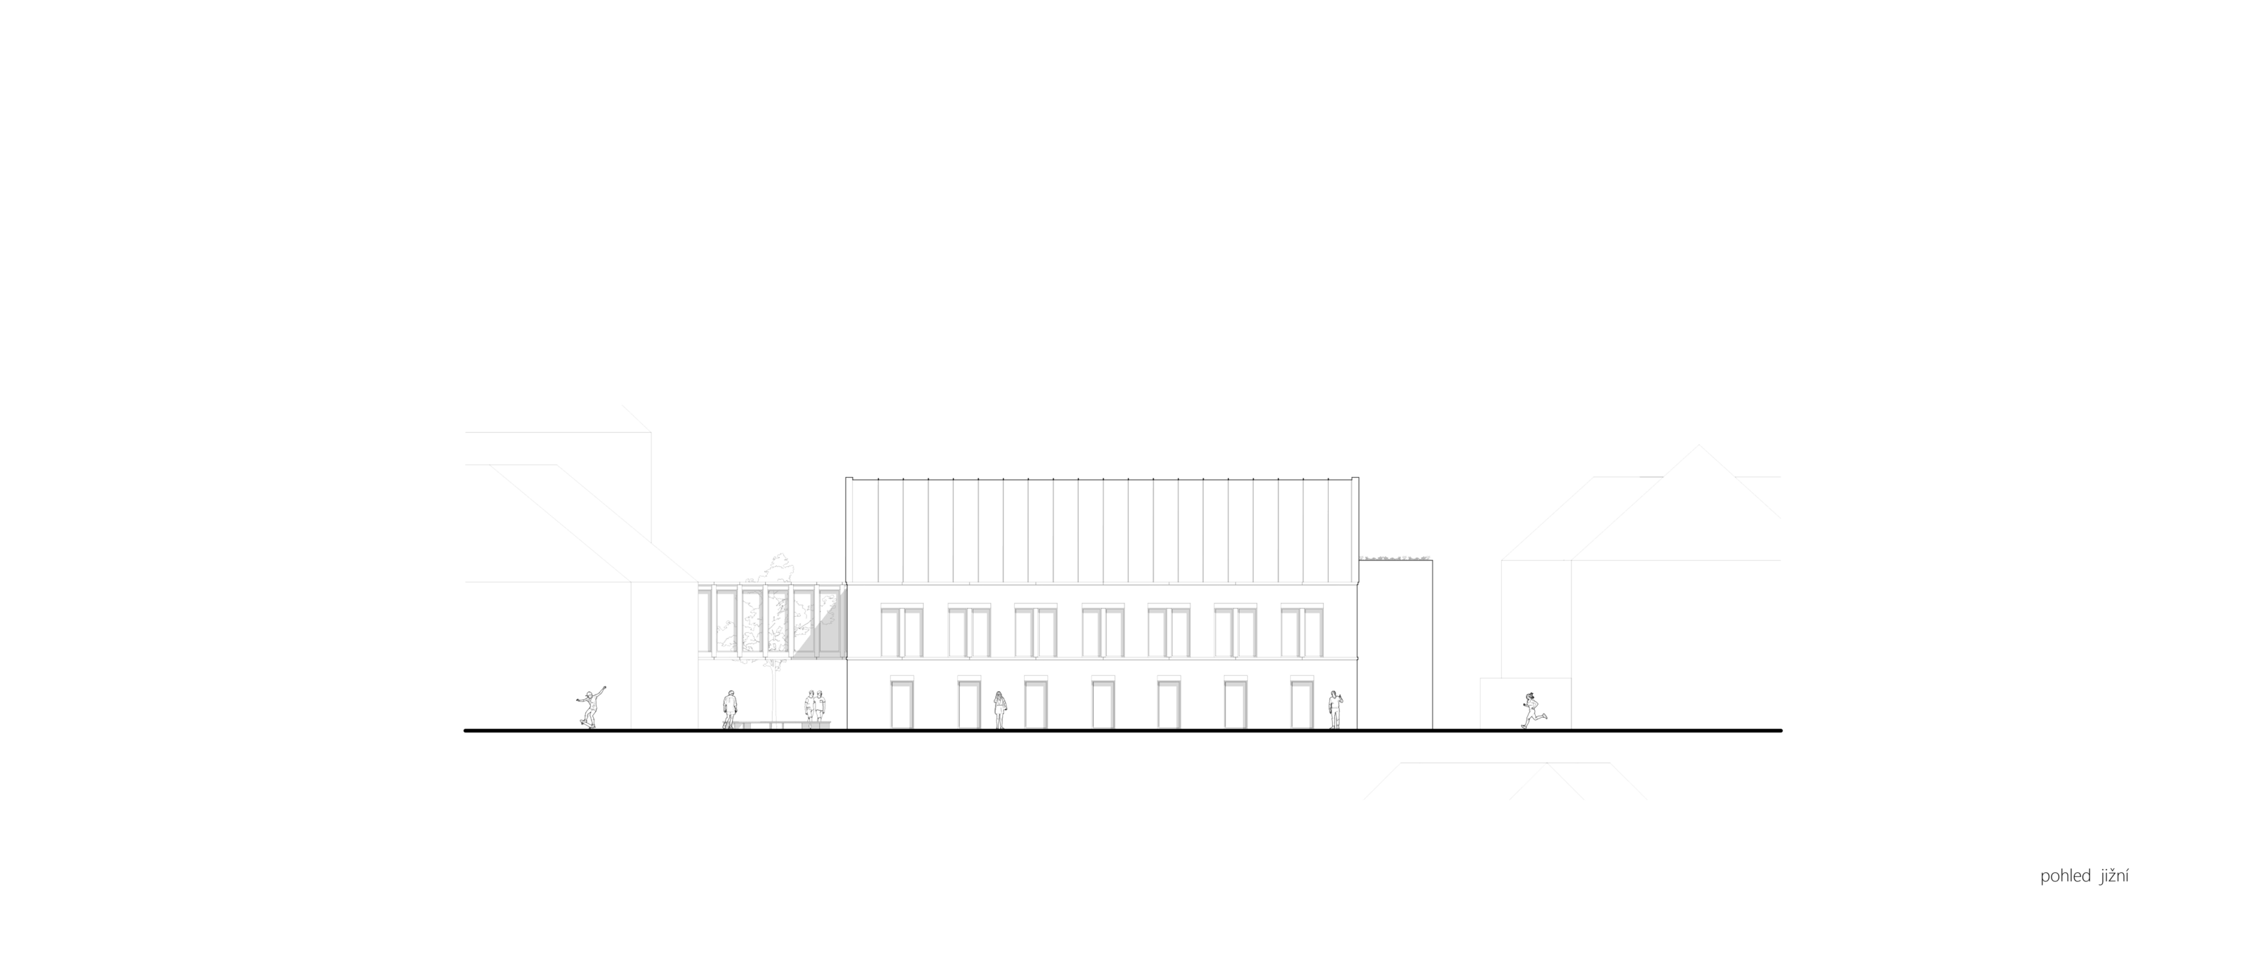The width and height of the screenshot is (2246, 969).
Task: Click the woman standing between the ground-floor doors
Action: [999, 710]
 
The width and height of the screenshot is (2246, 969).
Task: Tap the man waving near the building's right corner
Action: [1334, 709]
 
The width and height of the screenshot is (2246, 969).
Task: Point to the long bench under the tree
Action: [780, 725]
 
